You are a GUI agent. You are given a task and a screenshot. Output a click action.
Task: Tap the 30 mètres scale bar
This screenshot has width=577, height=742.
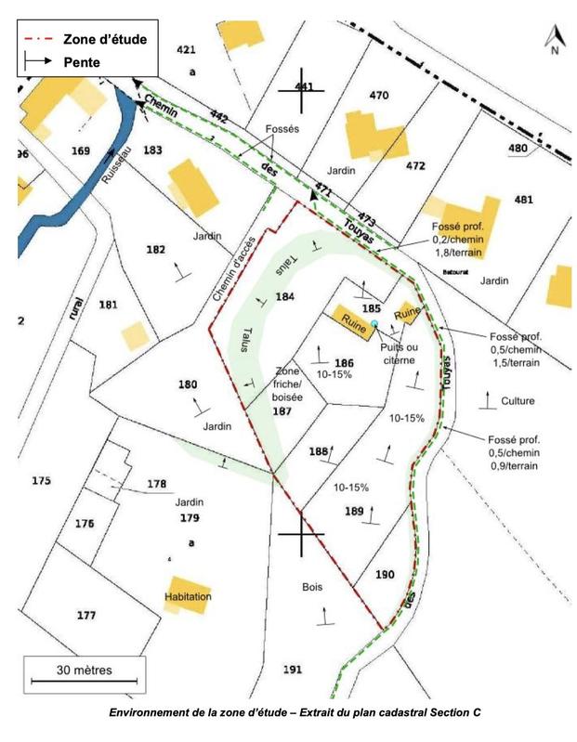coord(83,674)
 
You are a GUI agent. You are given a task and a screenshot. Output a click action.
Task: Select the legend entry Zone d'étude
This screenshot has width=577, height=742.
coord(105,39)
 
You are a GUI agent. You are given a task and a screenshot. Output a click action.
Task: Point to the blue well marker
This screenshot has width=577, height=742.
coord(374,322)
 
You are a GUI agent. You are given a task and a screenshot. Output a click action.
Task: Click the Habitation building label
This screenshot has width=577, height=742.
coord(188,596)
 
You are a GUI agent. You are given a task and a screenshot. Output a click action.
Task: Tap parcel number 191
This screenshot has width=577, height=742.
coord(293,670)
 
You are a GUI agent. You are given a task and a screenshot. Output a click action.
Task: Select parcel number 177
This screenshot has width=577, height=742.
coord(86,616)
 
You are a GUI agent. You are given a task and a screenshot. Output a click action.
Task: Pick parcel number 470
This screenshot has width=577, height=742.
coord(378,96)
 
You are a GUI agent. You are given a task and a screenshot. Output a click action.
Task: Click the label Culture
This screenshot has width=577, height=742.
coord(518,401)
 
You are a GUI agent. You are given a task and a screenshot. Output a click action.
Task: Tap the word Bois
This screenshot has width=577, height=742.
coord(311,587)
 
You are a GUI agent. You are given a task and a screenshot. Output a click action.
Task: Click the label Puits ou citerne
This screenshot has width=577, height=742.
coord(400,353)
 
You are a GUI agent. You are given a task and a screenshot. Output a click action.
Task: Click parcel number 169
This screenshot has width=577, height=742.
coord(81,150)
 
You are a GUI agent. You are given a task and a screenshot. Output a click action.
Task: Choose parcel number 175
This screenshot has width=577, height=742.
coord(40,480)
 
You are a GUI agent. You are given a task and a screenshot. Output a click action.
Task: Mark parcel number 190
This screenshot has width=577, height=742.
coord(386,575)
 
